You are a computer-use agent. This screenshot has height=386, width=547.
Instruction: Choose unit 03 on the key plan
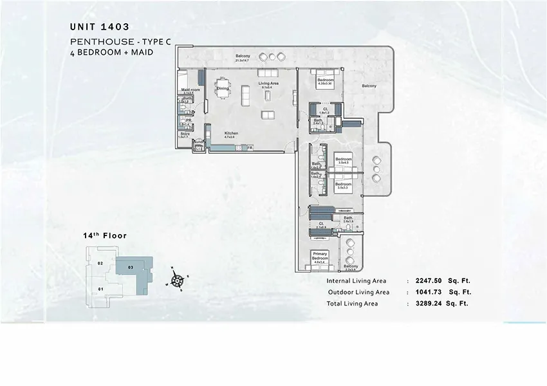(130, 266)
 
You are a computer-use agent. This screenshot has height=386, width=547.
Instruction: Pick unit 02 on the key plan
(100, 264)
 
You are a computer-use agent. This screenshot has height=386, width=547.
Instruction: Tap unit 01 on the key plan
(101, 289)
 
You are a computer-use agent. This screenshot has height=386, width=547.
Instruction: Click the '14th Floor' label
(105, 236)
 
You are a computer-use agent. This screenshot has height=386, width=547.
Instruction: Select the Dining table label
(223, 88)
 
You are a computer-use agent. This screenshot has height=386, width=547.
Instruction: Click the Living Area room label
(268, 84)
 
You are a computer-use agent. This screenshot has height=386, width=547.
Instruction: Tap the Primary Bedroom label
(320, 256)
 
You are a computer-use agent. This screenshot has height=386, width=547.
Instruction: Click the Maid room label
(190, 89)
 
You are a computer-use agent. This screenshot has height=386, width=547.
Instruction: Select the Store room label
(185, 134)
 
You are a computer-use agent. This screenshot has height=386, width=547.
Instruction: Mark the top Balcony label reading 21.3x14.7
(243, 55)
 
